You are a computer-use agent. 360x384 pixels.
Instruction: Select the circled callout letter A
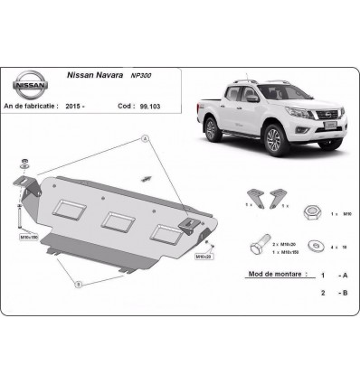tap(142, 138)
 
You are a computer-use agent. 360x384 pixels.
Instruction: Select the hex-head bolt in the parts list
tap(256, 246)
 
